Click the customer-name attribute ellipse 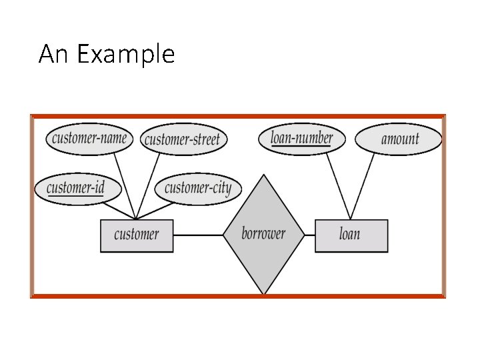[89, 139]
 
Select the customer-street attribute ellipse [183, 139]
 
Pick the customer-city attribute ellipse [197, 188]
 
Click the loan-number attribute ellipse [301, 138]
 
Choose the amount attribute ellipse [399, 139]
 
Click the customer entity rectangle [137, 235]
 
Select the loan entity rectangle [351, 235]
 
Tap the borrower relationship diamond [264, 234]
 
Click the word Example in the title [126, 53]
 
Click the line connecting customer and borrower [198, 235]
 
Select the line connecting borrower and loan [310, 235]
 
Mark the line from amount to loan [361, 187]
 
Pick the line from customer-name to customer [125, 184]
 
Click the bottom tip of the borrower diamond [265, 293]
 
